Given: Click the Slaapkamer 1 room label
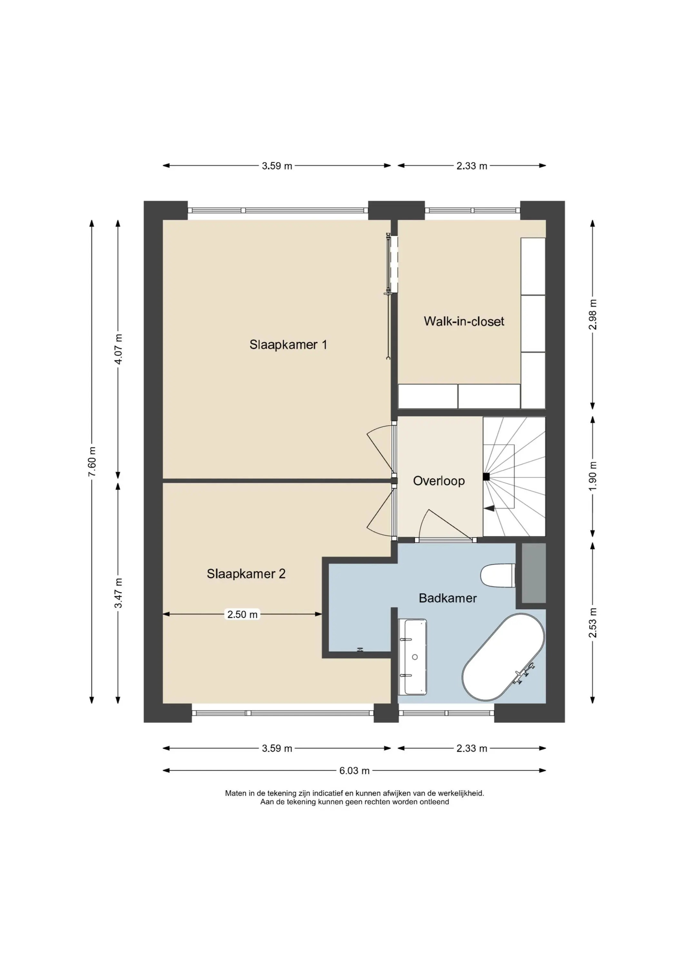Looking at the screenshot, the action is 288,345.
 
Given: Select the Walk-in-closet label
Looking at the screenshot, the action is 464,321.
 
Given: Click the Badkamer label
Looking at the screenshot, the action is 448,598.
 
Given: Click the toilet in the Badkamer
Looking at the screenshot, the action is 498,576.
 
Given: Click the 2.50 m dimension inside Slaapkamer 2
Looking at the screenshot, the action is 242,614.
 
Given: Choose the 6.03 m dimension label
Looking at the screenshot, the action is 354,771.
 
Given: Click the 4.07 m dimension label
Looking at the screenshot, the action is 118,349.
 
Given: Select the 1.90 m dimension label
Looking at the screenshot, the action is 593,476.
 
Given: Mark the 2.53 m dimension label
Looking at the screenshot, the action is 593,622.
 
